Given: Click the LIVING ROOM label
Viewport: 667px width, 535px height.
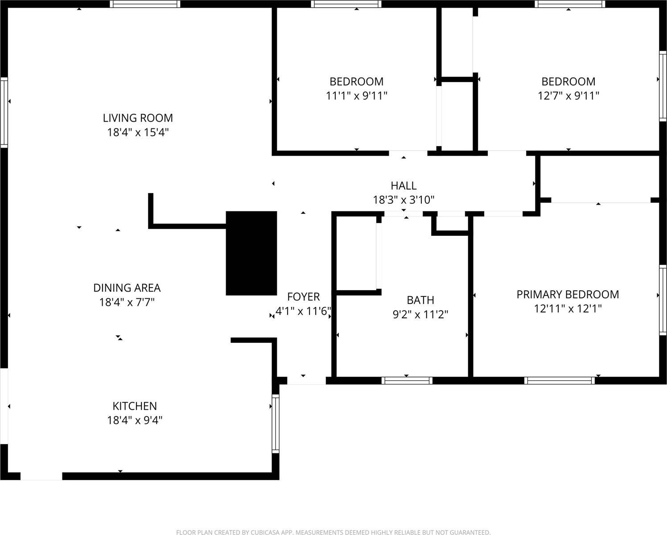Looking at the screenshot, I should (138, 118).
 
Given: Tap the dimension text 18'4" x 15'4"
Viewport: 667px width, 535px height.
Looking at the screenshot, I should (138, 132).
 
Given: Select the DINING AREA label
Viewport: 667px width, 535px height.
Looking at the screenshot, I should (127, 288).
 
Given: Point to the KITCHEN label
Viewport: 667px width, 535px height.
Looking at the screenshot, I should (135, 406).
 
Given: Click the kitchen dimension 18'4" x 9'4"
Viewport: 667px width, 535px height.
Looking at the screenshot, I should (135, 420).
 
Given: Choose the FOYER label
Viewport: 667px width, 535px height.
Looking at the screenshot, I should (303, 297).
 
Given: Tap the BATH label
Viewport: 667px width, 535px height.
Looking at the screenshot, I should (420, 300).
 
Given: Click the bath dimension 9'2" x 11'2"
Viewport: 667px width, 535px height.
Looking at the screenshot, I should (420, 315).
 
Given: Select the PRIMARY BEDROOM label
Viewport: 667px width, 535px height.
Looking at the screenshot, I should (568, 295).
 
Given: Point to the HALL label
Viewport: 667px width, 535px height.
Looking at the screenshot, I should (403, 185).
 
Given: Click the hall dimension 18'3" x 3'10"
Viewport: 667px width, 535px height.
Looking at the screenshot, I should (403, 200).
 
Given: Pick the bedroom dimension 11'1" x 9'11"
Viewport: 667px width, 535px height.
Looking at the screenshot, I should (356, 96).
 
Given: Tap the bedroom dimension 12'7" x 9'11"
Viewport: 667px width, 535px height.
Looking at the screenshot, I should (568, 96).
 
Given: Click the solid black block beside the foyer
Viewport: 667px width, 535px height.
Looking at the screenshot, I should (251, 253).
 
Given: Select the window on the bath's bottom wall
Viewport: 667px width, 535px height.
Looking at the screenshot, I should (407, 380).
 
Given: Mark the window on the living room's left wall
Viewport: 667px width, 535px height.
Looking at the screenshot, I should (4, 112).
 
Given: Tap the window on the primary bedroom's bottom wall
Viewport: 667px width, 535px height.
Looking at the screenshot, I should (560, 380).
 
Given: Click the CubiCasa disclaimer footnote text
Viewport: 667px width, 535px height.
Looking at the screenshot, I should (333, 532).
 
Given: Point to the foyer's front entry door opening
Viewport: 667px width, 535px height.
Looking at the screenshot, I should (306, 380).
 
